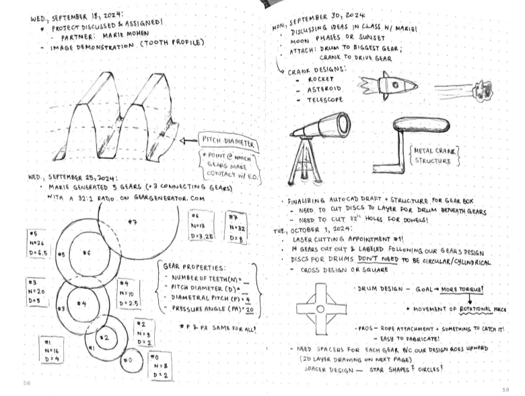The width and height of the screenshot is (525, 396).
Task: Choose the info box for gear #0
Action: tap(160, 365)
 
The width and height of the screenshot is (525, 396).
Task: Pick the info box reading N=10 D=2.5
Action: tap(127, 294)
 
